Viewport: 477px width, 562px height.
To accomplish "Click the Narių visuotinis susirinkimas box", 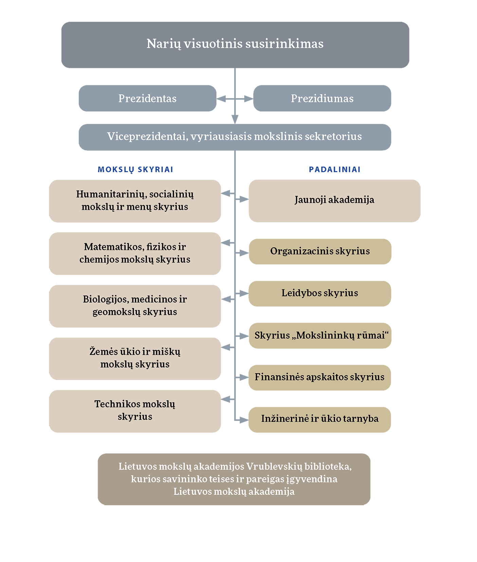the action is pyautogui.click(x=235, y=45).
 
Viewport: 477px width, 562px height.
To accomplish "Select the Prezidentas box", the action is pyautogui.click(x=147, y=98).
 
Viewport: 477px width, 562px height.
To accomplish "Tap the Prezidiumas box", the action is pyautogui.click(x=322, y=98).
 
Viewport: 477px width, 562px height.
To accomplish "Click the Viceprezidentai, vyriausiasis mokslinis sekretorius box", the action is pyautogui.click(x=235, y=137).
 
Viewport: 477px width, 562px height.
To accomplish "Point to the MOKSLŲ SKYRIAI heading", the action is pyautogui.click(x=136, y=169).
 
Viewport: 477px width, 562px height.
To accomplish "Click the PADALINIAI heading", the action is pyautogui.click(x=335, y=169).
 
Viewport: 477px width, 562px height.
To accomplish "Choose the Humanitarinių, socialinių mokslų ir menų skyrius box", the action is pyautogui.click(x=135, y=201).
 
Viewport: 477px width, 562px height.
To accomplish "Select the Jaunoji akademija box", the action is pyautogui.click(x=335, y=201).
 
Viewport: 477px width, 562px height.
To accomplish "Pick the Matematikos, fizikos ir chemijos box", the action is pyautogui.click(x=135, y=254).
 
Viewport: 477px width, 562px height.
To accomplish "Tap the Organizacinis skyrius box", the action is pyautogui.click(x=320, y=252).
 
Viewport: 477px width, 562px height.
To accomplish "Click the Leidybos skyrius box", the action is pyautogui.click(x=320, y=294).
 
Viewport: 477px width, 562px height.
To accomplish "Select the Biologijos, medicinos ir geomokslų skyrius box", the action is pyautogui.click(x=135, y=306).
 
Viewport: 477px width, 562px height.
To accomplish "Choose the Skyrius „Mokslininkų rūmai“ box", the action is pyautogui.click(x=320, y=336).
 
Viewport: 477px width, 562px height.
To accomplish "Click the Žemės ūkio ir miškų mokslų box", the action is pyautogui.click(x=135, y=359).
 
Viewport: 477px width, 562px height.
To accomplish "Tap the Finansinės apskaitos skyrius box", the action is pyautogui.click(x=320, y=378).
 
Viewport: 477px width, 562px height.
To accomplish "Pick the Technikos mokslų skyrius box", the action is pyautogui.click(x=135, y=411).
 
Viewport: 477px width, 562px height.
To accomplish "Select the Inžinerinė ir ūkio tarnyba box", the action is pyautogui.click(x=320, y=420).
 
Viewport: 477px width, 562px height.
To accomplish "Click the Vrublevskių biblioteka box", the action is pyautogui.click(x=234, y=479).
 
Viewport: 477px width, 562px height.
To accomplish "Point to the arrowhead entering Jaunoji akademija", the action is pyautogui.click(x=244, y=199).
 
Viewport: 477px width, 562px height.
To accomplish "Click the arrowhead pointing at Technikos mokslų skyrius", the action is pyautogui.click(x=225, y=399).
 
